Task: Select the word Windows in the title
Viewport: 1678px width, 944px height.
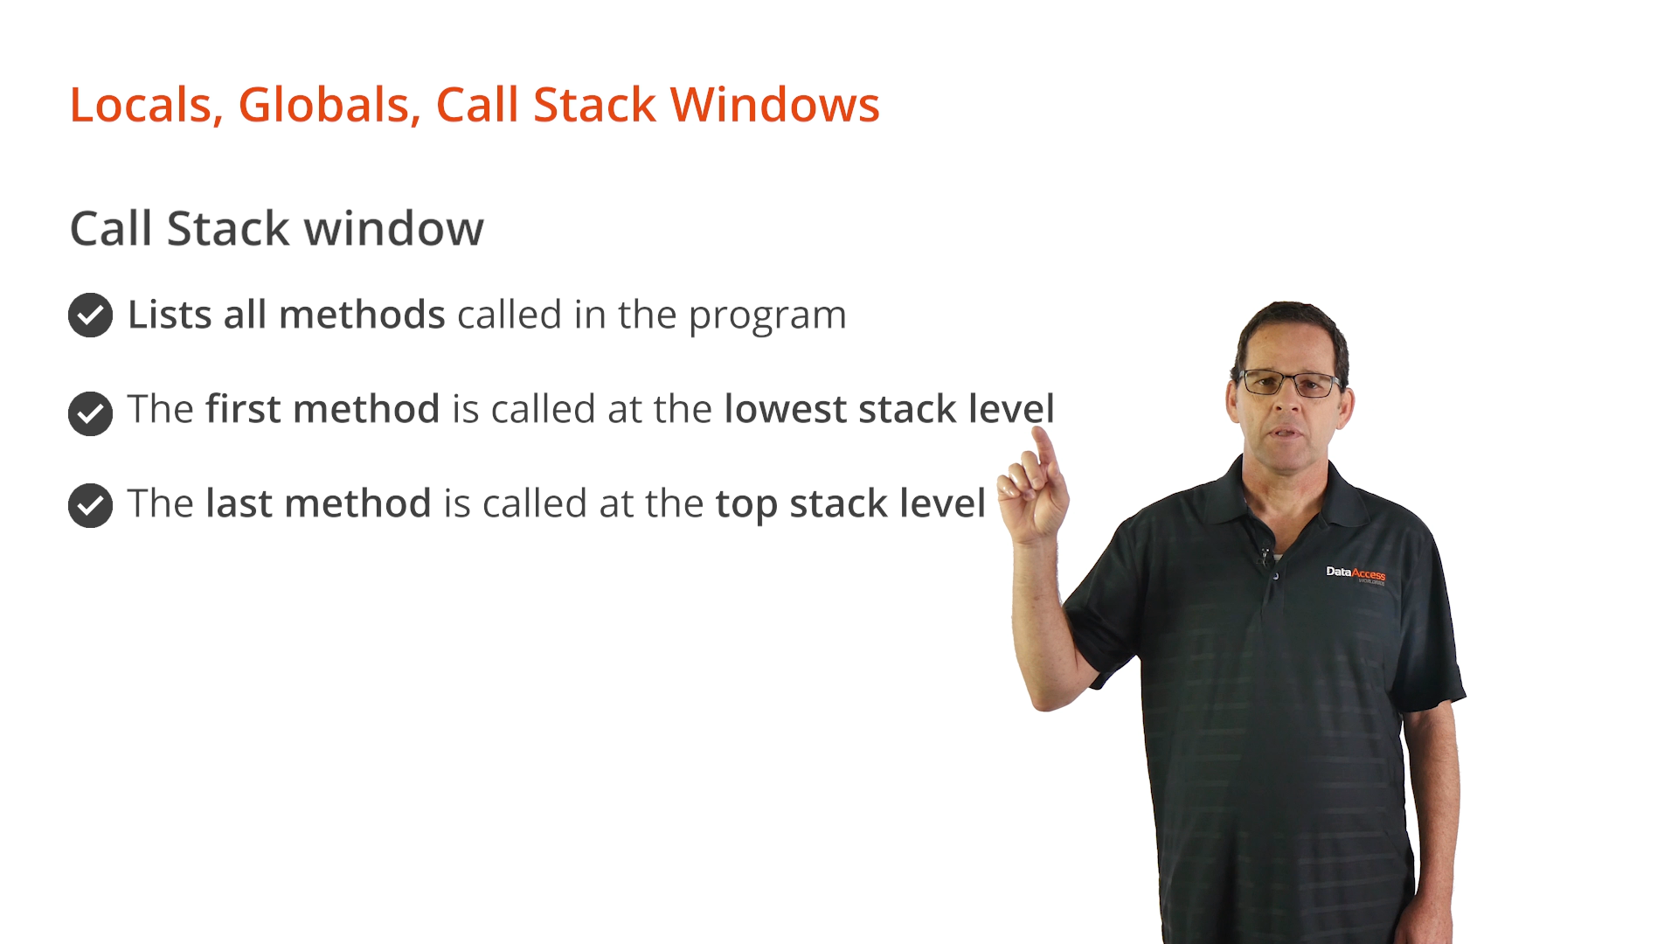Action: pyautogui.click(x=774, y=105)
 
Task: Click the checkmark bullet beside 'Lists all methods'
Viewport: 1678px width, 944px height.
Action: pyautogui.click(x=90, y=315)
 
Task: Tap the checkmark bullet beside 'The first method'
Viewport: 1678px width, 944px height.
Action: pyautogui.click(x=90, y=413)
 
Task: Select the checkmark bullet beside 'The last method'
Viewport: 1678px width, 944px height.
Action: pyautogui.click(x=90, y=505)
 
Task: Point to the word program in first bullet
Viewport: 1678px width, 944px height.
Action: pyautogui.click(x=767, y=317)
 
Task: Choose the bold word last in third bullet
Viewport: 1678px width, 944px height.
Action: pyautogui.click(x=239, y=503)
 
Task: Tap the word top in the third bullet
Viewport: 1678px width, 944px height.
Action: pyautogui.click(x=745, y=505)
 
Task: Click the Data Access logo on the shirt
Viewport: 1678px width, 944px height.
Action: pyautogui.click(x=1356, y=574)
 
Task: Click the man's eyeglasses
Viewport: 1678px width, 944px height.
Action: pyautogui.click(x=1290, y=383)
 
